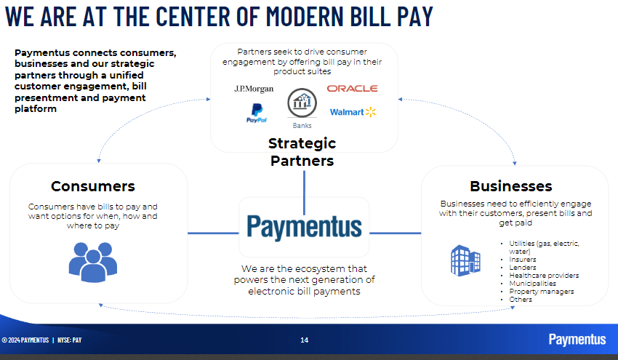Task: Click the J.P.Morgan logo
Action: coord(254,89)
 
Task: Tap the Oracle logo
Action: coord(352,88)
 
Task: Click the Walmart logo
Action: coord(353,112)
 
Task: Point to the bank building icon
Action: coord(302,104)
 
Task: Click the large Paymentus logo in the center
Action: coord(303,227)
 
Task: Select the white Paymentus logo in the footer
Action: coord(577,339)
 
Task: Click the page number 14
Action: coord(305,340)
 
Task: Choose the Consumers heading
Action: coord(92,186)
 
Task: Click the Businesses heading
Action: coord(510,186)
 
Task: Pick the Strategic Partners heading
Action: coord(302,152)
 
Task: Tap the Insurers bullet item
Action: coord(523,260)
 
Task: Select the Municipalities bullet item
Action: coord(532,284)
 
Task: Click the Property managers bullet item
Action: coord(541,292)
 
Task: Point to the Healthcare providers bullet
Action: coord(544,276)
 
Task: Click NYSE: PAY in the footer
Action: coord(69,340)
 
